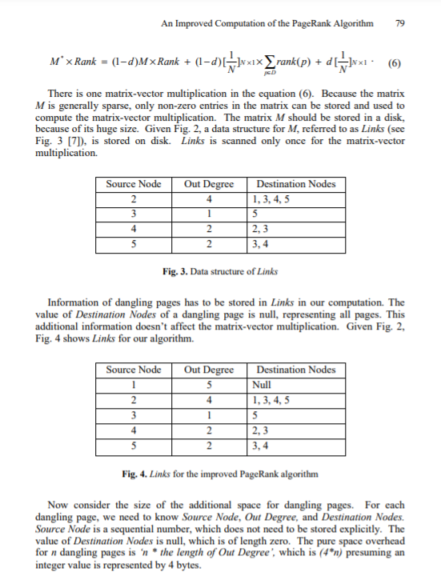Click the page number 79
400,23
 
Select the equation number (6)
395,62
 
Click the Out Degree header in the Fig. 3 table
209,184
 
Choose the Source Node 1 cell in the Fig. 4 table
134,384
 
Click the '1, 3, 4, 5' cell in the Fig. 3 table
271,198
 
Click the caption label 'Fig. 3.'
174,270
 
